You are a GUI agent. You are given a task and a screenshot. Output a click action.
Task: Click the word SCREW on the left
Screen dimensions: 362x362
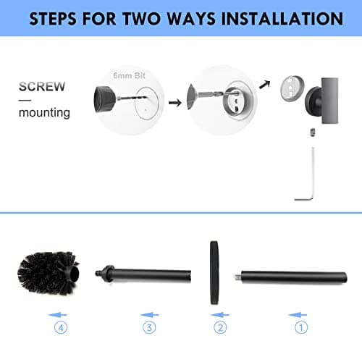pyautogui.click(x=41, y=87)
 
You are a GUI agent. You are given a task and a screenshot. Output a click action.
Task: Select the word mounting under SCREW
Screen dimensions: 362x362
pyautogui.click(x=44, y=113)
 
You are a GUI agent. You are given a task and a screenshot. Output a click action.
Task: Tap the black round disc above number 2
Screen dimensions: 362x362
pyautogui.click(x=214, y=273)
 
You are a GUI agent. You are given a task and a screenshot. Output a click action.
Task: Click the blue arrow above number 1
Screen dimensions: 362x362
pyautogui.click(x=298, y=314)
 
